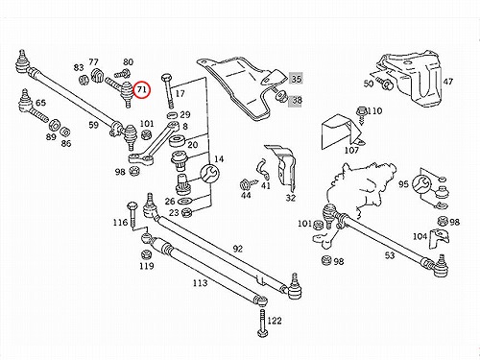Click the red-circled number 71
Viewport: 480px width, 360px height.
point(142,89)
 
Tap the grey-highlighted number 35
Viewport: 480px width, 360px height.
point(296,79)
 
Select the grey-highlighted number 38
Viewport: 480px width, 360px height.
point(296,101)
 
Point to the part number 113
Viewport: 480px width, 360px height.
point(200,283)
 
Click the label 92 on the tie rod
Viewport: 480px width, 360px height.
point(237,249)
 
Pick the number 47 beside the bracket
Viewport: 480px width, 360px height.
point(448,82)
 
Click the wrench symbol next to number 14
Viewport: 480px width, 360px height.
point(210,174)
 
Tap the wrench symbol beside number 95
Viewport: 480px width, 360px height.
point(422,184)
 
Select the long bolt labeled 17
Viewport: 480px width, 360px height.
point(169,91)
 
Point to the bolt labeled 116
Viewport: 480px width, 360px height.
point(132,214)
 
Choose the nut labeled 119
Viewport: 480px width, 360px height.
point(146,254)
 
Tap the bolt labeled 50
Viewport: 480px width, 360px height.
point(384,82)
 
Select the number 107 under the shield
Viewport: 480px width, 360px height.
point(351,150)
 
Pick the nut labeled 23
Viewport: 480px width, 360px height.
point(186,212)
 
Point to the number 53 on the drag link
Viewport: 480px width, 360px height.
point(390,255)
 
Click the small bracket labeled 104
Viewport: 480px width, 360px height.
point(439,238)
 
